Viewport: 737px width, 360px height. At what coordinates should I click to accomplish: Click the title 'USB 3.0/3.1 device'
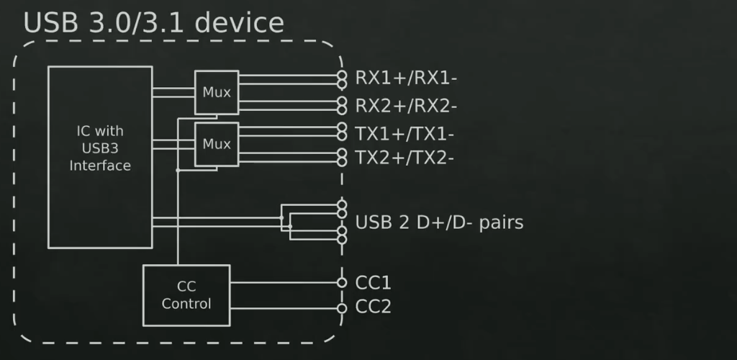[x=153, y=22]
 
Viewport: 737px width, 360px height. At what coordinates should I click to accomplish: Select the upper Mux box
[x=216, y=92]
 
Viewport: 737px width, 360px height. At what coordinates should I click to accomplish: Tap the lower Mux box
[x=216, y=144]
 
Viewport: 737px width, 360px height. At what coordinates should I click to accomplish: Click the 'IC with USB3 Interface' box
[x=100, y=157]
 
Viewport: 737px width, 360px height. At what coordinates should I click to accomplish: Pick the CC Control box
[x=186, y=295]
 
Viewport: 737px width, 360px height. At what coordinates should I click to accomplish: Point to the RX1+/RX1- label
[x=406, y=78]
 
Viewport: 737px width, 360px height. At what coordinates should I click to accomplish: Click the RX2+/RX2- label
[x=406, y=106]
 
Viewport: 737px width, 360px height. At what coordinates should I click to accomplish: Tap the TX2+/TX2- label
[x=404, y=158]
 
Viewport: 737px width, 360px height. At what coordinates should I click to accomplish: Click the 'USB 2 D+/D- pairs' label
[x=439, y=222]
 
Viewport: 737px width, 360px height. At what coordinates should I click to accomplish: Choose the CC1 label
[x=373, y=282]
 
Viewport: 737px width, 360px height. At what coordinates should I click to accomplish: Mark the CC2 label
[x=373, y=307]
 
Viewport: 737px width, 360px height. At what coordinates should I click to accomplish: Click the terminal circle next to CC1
[x=342, y=282]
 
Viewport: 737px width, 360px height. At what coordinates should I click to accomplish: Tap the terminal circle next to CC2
[x=342, y=309]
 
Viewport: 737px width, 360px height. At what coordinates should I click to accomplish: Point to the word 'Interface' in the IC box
[x=100, y=166]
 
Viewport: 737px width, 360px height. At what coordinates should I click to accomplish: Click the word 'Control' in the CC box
[x=186, y=304]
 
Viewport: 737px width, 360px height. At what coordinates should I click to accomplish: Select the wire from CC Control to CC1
[x=284, y=282]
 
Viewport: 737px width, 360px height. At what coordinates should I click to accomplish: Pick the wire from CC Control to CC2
[x=284, y=309]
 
